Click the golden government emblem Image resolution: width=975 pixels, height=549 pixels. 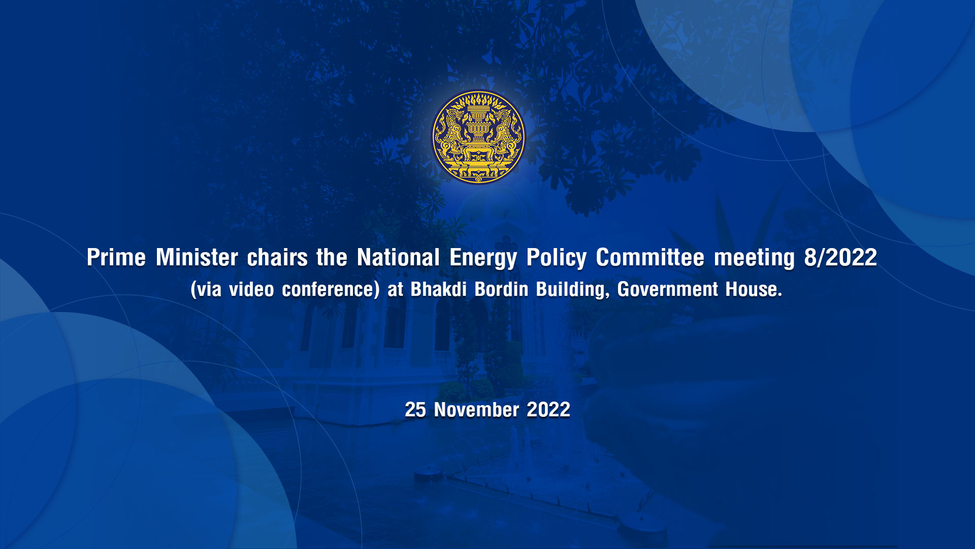coord(478,137)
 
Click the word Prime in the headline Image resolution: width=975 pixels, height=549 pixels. coord(116,257)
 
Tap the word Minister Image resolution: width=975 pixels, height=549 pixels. coord(197,257)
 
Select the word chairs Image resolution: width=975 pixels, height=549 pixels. coord(277,257)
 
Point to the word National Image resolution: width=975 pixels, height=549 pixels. coord(398,257)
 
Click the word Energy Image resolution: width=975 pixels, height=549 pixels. coord(483,259)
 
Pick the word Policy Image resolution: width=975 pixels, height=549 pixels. coord(556,259)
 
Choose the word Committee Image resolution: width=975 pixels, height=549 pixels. coord(650,257)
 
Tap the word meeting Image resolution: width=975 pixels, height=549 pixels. coord(754,259)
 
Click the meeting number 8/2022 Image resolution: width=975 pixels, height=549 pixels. coord(840,257)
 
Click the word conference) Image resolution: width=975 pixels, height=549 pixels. coord(331,290)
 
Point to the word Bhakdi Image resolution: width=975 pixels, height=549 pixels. coord(438,289)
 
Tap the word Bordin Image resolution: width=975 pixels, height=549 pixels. coord(502,289)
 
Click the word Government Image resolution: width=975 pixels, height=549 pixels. coord(668,289)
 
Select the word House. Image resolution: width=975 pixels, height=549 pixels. coord(754,289)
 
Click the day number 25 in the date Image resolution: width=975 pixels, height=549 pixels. coord(415,410)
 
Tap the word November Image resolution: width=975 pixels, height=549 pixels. coord(476,410)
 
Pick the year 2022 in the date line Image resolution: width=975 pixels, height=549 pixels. coord(548,410)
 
